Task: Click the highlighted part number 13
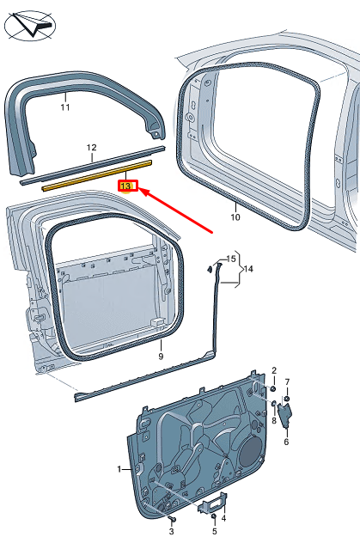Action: click(125, 186)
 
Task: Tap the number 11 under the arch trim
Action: click(64, 107)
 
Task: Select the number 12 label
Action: click(91, 148)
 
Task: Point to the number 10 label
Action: click(235, 218)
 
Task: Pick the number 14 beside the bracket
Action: click(248, 269)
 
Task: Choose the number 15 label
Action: click(229, 259)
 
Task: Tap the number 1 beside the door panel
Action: click(120, 469)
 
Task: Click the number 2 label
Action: click(274, 369)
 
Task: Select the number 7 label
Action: click(288, 381)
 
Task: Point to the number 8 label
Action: click(274, 421)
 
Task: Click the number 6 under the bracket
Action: click(286, 442)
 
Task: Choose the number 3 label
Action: click(172, 486)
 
